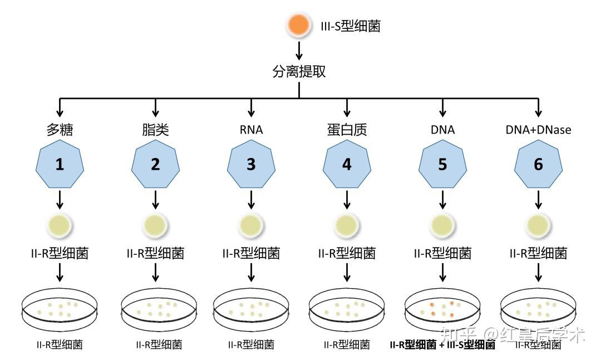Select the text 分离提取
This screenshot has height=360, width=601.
299,72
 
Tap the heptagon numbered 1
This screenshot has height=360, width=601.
60,164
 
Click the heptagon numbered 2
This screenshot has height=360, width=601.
155,164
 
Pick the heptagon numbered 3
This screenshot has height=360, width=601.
251,164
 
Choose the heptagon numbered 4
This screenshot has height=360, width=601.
347,164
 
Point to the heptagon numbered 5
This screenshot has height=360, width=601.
442,164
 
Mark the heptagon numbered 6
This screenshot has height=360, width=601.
538,164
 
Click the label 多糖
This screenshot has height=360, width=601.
60,130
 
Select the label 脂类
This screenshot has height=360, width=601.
155,130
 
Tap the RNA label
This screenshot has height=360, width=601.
251,130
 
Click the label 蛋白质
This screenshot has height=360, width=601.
347,130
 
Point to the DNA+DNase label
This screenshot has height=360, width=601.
538,130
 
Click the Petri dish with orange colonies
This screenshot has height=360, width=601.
442,310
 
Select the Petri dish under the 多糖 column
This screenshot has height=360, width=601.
60,310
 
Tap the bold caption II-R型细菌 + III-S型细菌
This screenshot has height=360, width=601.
442,345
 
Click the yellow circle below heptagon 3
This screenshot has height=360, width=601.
251,225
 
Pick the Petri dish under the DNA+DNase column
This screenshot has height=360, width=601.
538,310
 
